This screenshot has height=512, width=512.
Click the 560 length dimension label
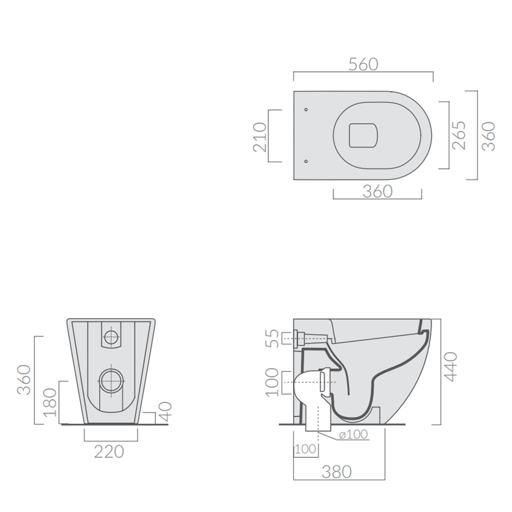pos(363,64)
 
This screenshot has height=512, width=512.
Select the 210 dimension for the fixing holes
pos(260,136)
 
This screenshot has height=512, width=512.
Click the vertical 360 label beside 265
pos(488,136)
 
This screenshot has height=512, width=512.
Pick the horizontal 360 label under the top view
pos(377,191)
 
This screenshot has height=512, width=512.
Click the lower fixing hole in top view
pos(306,161)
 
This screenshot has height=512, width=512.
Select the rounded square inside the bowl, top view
pos(362,135)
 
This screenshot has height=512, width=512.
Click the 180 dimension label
pos(50,402)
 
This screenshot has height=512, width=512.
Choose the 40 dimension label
pos(165,411)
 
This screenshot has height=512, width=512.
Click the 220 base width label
pos(109,451)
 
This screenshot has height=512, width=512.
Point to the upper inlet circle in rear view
pos(111,337)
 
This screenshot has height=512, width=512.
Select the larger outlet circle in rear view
pos(111,381)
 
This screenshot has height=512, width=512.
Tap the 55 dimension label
pos(271,338)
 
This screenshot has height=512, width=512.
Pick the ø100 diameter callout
pos(353,435)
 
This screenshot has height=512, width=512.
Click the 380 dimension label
pos(336,471)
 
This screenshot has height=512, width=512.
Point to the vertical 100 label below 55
pos(271,382)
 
